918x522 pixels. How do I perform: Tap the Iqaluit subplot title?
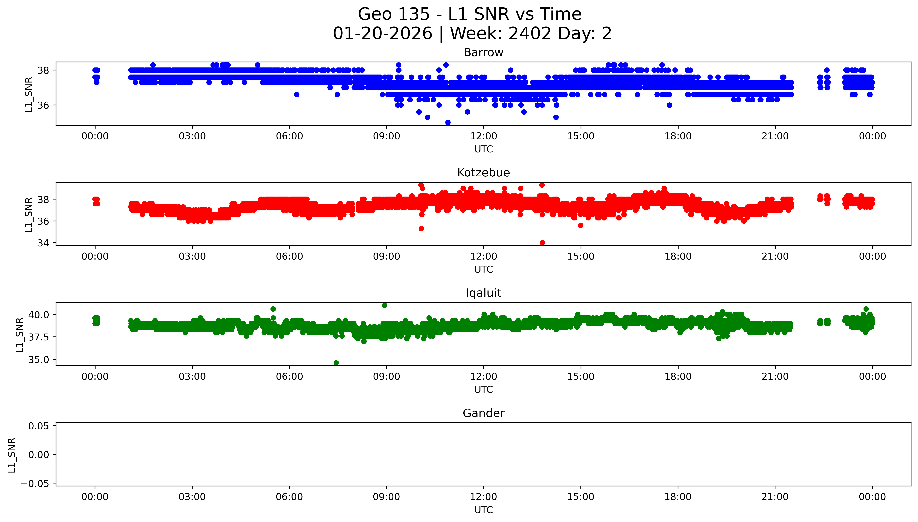click(x=483, y=293)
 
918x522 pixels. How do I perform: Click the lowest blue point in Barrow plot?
click(x=448, y=122)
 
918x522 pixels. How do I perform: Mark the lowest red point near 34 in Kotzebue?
click(x=542, y=243)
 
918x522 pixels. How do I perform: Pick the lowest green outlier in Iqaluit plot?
click(x=336, y=363)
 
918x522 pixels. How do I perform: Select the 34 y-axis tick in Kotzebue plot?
click(x=43, y=243)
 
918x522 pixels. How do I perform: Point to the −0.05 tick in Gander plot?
click(x=35, y=484)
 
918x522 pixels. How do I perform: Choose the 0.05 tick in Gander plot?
click(x=38, y=426)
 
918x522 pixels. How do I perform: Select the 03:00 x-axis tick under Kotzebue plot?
click(x=192, y=256)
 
